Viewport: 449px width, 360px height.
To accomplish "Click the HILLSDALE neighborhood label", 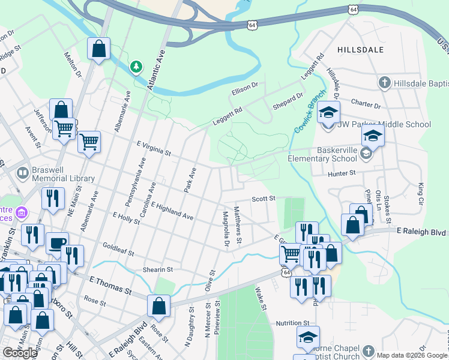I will pos(360,50).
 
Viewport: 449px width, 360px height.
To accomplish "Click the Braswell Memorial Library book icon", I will pos(23,173).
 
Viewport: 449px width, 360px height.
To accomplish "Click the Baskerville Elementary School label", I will pos(322,155).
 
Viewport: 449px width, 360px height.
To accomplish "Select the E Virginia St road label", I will pos(154,148).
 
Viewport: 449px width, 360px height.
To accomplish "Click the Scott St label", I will pos(263,198).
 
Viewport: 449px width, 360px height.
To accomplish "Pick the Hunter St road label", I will pos(342,173).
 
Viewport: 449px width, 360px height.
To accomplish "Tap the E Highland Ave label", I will pos(172,211).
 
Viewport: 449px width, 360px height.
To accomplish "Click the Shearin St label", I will pos(157,270).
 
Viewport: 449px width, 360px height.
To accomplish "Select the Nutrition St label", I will pos(292,323).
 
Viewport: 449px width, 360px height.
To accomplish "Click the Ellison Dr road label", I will pos(244,89).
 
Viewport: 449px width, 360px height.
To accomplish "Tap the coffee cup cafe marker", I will pos(57,243).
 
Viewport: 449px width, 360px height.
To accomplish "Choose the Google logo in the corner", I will pos(20,353).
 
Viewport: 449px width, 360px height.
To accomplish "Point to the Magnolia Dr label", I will pos(225,229).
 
